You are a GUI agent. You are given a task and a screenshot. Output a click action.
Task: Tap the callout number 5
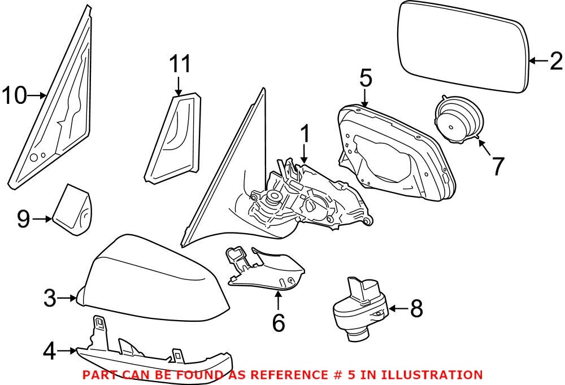[366, 79]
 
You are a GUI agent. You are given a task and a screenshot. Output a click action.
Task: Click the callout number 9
[23, 219]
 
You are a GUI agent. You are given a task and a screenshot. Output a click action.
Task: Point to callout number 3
[51, 297]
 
